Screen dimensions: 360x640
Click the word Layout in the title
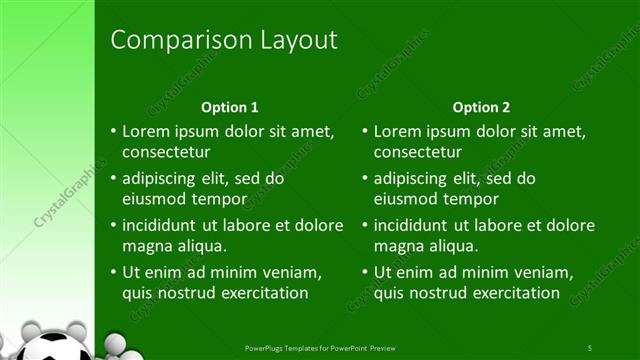point(290,40)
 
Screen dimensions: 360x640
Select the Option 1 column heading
point(230,107)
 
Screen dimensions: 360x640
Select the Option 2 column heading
point(481,107)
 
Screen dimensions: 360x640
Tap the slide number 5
point(590,347)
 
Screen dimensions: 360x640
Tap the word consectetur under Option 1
point(166,152)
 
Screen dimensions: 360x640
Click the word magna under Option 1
point(146,245)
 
